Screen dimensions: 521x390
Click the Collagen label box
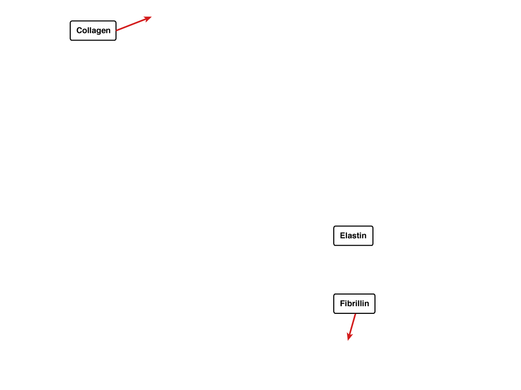point(93,30)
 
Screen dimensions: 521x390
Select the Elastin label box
point(353,236)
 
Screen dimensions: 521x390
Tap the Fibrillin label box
point(354,304)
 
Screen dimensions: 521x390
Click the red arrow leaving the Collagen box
point(134,23)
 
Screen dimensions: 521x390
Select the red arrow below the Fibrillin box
point(352,327)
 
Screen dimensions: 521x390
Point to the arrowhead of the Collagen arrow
point(152,17)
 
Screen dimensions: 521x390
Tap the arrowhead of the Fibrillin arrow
point(348,340)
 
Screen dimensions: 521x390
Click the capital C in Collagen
point(79,30)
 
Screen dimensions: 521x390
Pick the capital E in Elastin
point(342,236)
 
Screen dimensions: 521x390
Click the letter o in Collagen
point(85,31)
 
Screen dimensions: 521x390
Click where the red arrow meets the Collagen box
point(117,30)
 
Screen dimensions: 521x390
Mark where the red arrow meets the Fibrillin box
point(356,314)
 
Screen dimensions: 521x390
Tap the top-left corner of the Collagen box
point(70,21)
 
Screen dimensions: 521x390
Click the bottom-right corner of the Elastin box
point(373,245)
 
